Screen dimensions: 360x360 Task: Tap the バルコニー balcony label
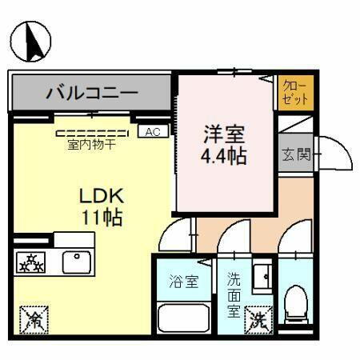point(91,92)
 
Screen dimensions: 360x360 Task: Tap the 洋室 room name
point(223,133)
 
